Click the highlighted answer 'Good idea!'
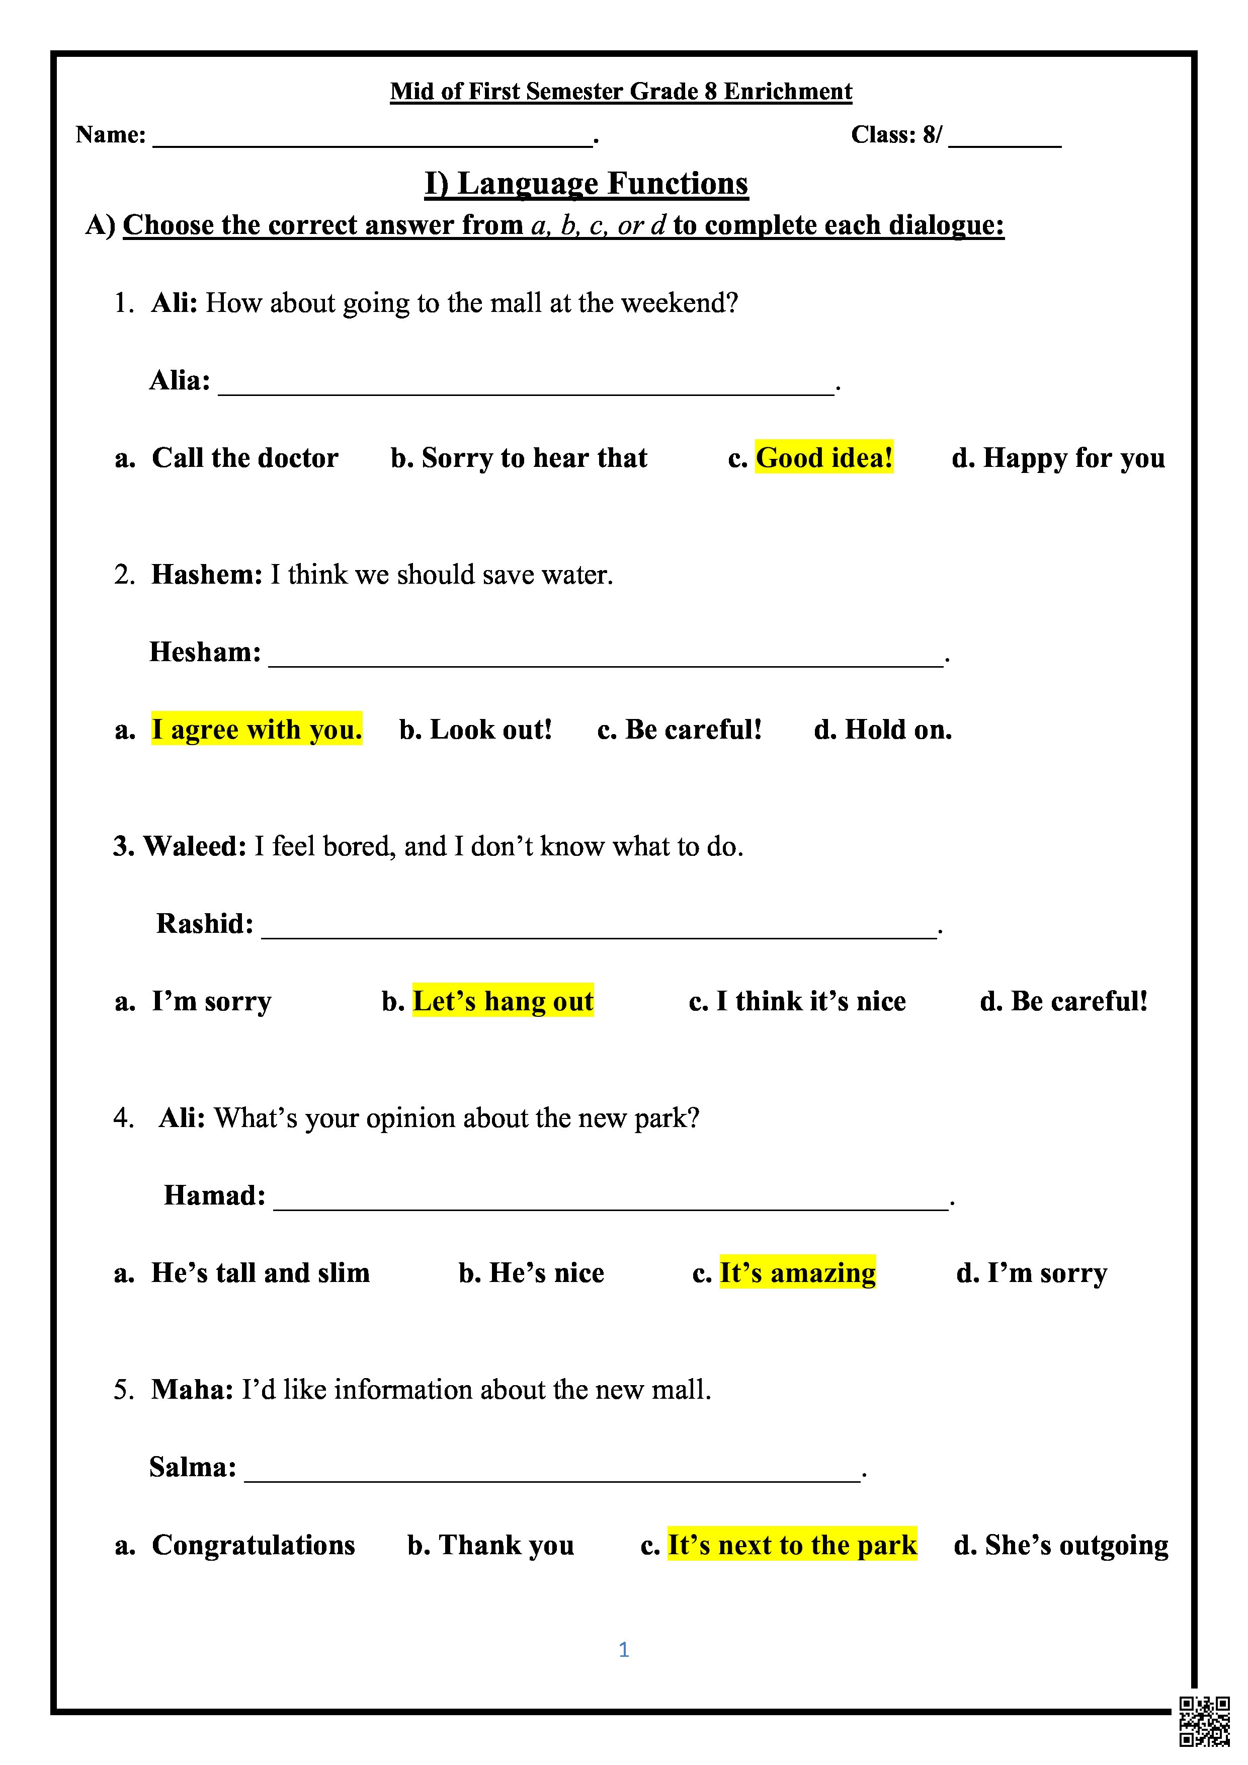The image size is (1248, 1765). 824,458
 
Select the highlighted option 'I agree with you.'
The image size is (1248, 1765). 257,730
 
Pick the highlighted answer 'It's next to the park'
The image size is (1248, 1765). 792,1545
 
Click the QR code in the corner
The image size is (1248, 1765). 1204,1720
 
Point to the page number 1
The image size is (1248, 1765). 623,1650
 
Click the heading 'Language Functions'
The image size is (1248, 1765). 587,184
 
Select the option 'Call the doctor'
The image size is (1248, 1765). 244,458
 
